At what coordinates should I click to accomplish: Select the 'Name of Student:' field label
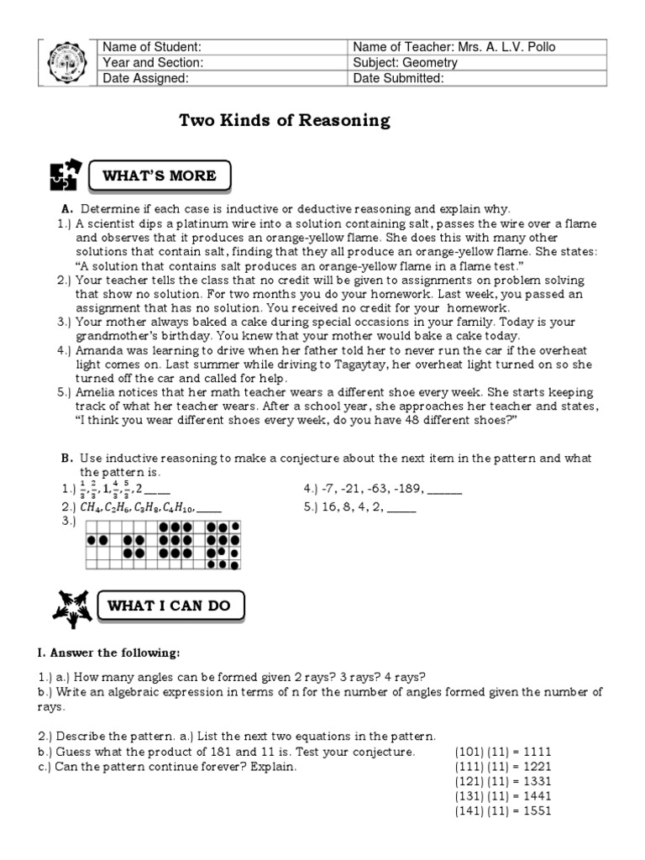tap(151, 46)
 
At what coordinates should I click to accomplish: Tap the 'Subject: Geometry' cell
tap(405, 62)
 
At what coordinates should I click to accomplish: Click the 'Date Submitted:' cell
tap(398, 78)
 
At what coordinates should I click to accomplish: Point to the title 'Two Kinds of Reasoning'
tap(285, 120)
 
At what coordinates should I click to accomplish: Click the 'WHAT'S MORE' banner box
tap(159, 176)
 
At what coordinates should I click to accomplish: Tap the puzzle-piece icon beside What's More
tap(67, 176)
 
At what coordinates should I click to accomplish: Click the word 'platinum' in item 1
tap(202, 223)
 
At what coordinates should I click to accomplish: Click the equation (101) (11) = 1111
tap(503, 752)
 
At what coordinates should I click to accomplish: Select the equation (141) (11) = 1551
tap(503, 811)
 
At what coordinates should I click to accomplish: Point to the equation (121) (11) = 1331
tap(503, 782)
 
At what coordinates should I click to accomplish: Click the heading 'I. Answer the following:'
tap(107, 653)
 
